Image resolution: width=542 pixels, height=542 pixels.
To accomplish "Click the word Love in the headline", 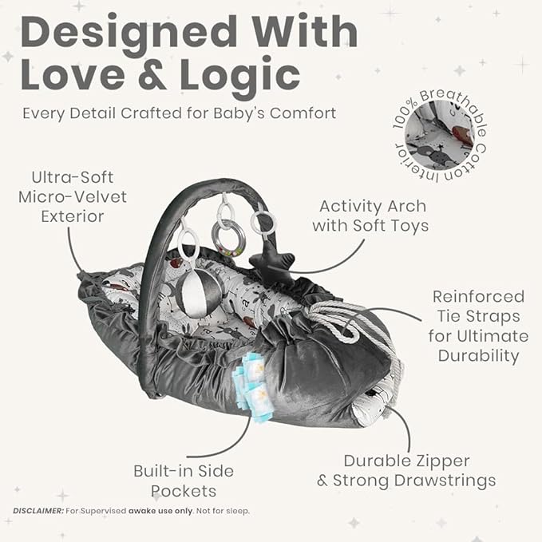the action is click(73, 74).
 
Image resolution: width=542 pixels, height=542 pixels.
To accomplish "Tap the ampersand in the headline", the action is click(152, 75).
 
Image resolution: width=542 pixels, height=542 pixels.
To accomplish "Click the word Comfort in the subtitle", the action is click(303, 113).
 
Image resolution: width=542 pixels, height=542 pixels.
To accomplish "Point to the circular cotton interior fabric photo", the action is click(440, 135).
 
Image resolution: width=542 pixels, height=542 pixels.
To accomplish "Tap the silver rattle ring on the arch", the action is click(228, 238).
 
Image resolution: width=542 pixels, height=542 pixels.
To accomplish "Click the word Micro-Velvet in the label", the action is click(73, 197).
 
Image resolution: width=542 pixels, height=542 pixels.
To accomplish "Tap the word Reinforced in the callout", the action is click(478, 297).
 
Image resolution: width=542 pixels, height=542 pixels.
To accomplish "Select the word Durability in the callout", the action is click(479, 356).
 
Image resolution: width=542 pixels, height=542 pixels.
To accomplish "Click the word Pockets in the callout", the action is click(184, 491).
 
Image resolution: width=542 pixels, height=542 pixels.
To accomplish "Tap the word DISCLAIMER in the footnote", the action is click(38, 511).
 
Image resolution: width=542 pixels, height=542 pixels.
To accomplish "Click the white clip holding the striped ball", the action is click(188, 243).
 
